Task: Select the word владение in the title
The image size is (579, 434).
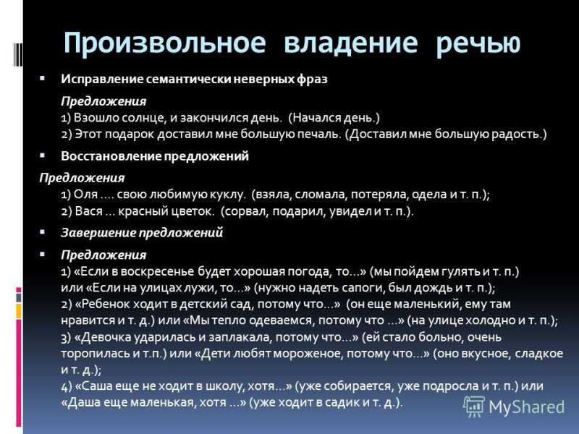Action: pos(351,43)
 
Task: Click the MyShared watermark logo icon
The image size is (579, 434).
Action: pos(474,407)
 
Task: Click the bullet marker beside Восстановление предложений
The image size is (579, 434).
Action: pos(43,156)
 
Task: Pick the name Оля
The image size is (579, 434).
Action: pos(85,195)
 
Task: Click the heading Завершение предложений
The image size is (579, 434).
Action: pos(142,233)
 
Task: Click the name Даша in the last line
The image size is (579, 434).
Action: pos(81,402)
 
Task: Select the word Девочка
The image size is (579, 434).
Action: pos(104,337)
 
